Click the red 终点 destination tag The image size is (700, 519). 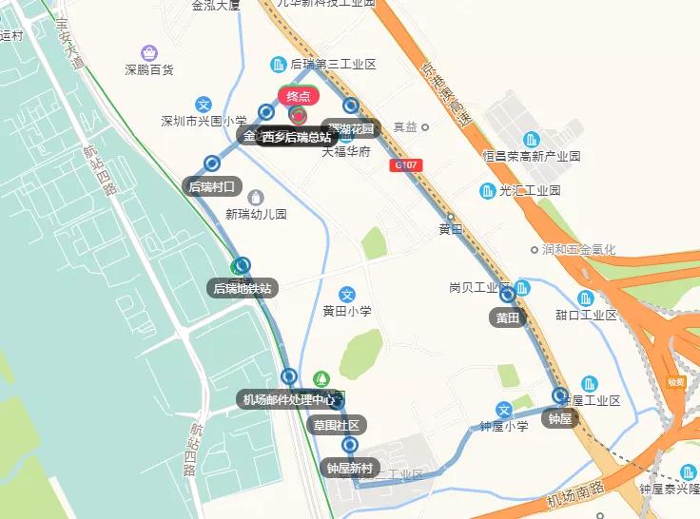tap(299, 96)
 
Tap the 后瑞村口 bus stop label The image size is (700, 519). tap(211, 186)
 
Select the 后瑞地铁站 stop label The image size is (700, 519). tap(243, 288)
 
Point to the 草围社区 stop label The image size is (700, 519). tap(337, 425)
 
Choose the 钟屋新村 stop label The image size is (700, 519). tap(351, 468)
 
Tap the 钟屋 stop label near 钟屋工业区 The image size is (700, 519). tap(559, 417)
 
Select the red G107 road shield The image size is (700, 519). tap(405, 165)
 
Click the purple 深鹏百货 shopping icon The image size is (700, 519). tap(149, 52)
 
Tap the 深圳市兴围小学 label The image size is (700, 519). tap(204, 122)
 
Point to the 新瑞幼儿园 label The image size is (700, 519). tap(255, 215)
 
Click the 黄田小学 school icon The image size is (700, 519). tap(347, 295)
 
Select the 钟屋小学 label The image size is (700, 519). tap(504, 427)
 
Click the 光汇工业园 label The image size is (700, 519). tap(529, 191)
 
